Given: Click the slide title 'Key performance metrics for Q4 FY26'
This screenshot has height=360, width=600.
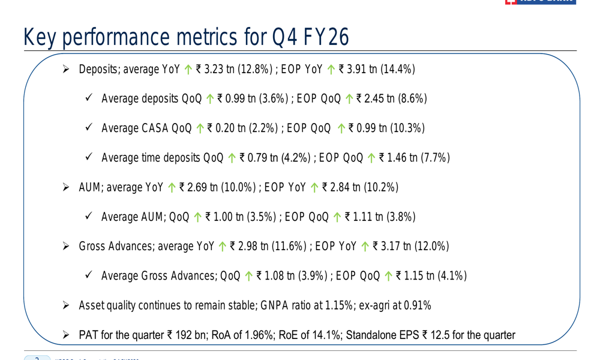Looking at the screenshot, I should [186, 37].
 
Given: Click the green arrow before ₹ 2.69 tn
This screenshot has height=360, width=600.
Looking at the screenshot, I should [172, 188].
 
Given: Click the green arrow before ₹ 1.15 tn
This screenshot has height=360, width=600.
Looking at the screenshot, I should [388, 277].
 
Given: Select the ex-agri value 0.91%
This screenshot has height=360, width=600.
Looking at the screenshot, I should [417, 306].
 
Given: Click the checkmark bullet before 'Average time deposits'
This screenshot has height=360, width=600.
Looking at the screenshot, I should [88, 158].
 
